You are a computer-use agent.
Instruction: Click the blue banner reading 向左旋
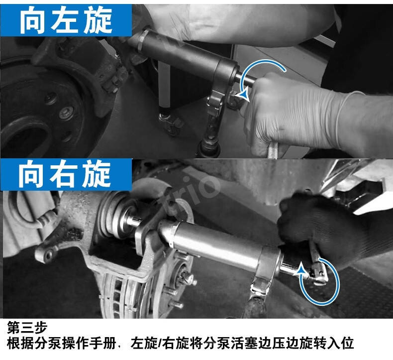pos(66,20)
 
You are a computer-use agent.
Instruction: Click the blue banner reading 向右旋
pos(66,174)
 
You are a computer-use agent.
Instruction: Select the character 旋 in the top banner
pos(98,20)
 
